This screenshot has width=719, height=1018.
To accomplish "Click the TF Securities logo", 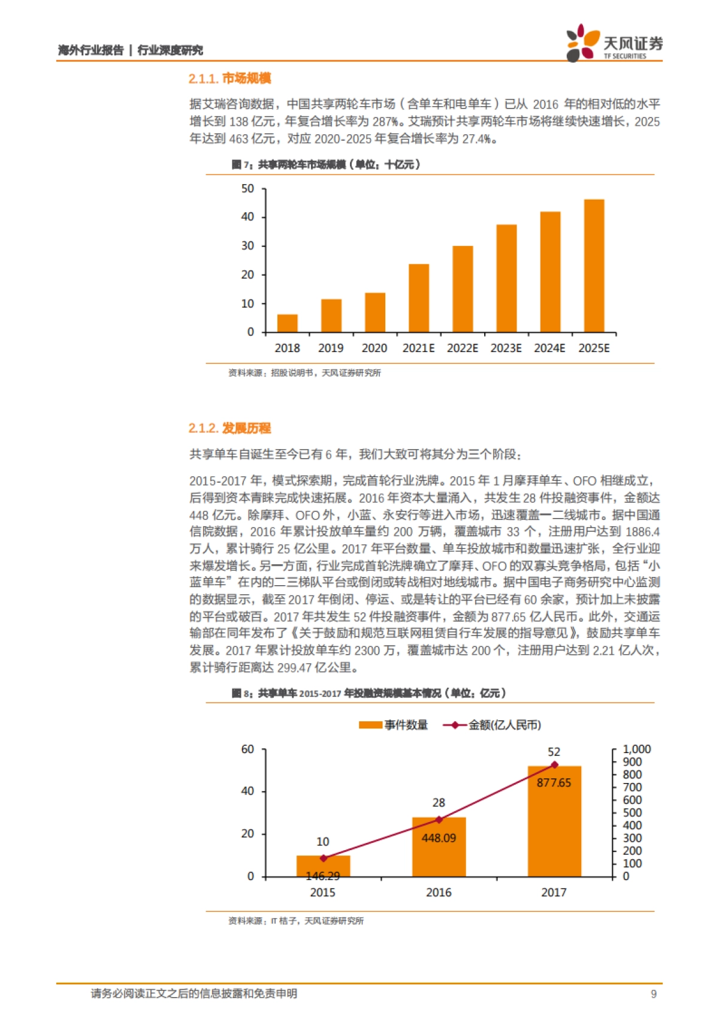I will click(x=614, y=43).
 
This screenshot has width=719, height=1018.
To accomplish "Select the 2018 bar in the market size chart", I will click(x=288, y=323).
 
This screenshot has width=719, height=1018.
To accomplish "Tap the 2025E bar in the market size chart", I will click(x=594, y=266).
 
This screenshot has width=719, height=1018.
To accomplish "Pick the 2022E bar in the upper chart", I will click(x=463, y=289).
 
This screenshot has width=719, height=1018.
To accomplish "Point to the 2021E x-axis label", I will click(x=418, y=348).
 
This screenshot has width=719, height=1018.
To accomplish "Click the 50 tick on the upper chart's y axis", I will click(x=248, y=189).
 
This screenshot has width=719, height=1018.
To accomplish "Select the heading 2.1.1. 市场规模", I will click(x=229, y=79).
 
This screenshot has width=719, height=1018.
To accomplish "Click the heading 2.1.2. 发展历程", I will click(x=229, y=428).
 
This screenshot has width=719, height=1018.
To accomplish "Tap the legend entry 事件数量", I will click(x=394, y=725).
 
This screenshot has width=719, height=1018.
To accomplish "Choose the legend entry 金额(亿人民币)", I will click(x=492, y=725).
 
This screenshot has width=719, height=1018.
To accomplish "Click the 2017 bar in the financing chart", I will click(x=554, y=827).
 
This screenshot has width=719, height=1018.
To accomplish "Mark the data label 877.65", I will click(x=554, y=783).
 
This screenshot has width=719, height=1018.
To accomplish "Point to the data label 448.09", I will click(x=439, y=838).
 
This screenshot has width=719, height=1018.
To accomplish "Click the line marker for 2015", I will click(x=324, y=859).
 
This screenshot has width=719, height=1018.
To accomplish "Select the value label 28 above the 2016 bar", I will click(x=439, y=803).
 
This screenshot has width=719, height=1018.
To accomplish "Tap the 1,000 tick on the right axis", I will click(x=636, y=749).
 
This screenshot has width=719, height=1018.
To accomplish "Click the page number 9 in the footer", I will click(x=654, y=994).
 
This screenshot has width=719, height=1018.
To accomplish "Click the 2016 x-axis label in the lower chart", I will click(x=439, y=893).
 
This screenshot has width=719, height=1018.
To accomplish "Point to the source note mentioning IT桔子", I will click(x=296, y=921).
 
